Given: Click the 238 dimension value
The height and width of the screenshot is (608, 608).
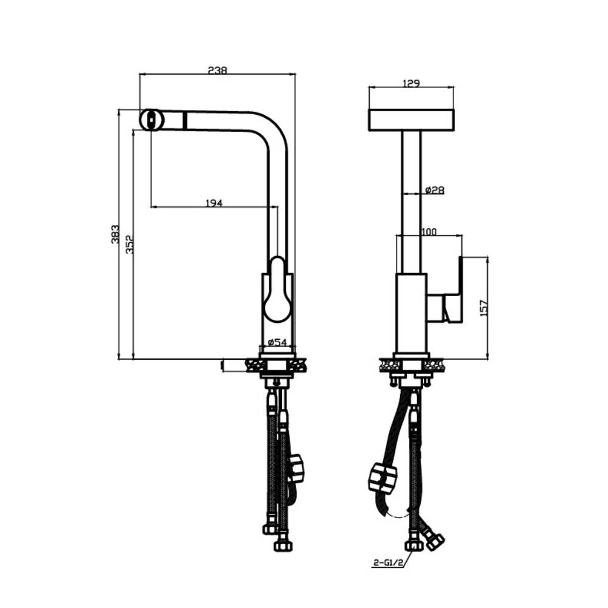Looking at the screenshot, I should click(x=217, y=70).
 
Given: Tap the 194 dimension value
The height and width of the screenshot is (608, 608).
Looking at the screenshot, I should click(x=213, y=202).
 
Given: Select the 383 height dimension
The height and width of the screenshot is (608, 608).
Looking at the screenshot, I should click(x=115, y=234).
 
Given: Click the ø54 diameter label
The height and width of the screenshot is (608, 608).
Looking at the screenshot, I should click(x=277, y=342).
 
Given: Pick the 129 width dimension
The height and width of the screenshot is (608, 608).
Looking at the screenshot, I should click(x=412, y=84).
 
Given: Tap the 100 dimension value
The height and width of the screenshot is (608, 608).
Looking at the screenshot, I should click(x=429, y=232).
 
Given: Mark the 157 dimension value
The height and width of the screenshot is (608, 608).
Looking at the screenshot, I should click(x=484, y=308).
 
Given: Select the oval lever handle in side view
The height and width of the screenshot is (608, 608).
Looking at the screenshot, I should click(x=278, y=289).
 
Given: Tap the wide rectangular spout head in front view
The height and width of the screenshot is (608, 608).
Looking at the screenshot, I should click(x=411, y=120).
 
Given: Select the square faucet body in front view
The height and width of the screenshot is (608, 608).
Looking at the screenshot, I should click(x=411, y=313).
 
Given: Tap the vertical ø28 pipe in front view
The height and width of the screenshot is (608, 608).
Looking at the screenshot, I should click(x=411, y=201).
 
